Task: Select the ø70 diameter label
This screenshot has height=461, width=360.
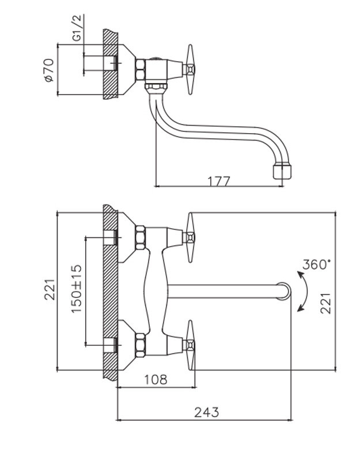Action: (x=48, y=70)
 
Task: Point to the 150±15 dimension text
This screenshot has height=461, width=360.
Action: (x=77, y=288)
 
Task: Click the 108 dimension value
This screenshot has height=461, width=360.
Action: (x=155, y=379)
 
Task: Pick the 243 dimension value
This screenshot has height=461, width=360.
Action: (x=206, y=412)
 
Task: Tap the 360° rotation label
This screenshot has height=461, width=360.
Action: (x=317, y=265)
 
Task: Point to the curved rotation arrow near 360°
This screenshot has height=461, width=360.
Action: (x=301, y=292)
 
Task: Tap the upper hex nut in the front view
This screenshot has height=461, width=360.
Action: (x=139, y=237)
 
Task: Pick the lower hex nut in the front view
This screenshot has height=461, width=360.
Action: (x=139, y=345)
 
